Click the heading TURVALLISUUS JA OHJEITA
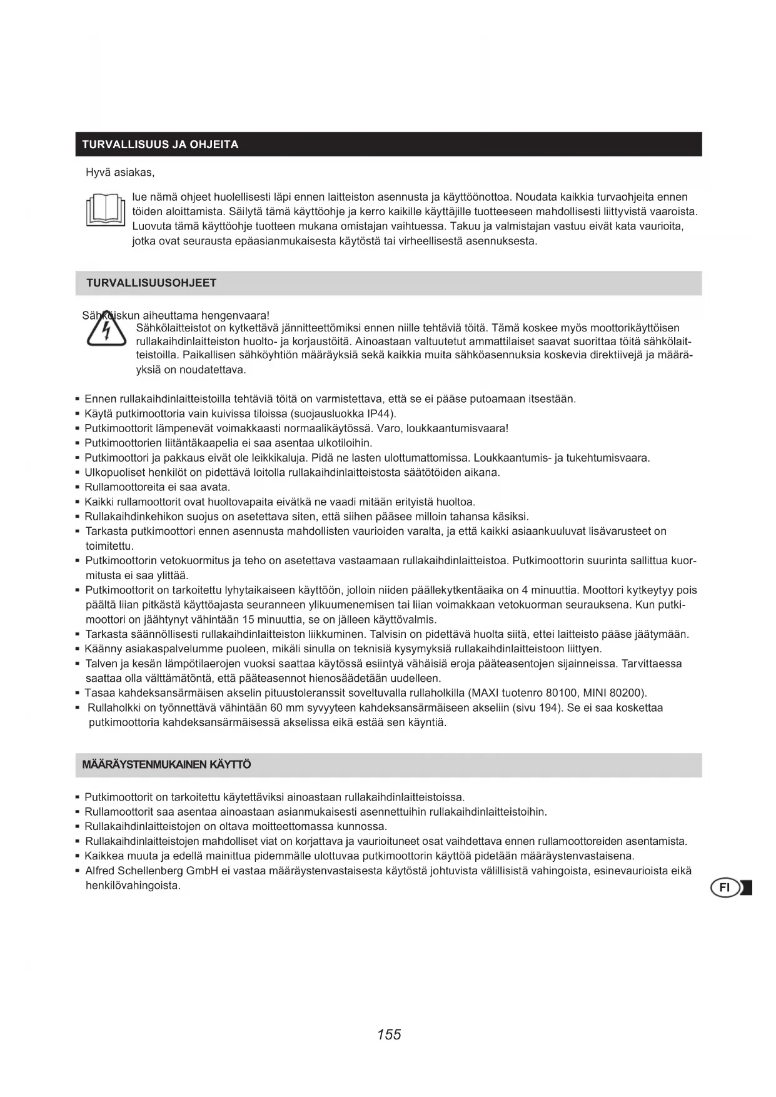click(161, 144)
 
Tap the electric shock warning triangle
click(106, 331)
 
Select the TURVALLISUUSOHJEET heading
click(151, 283)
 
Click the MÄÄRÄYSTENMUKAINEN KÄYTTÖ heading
click(167, 764)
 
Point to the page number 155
click(389, 1034)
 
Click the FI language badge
click(725, 887)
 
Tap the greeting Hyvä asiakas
click(120, 172)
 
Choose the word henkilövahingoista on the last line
click(133, 886)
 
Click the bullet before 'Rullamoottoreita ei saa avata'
click(77, 487)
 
